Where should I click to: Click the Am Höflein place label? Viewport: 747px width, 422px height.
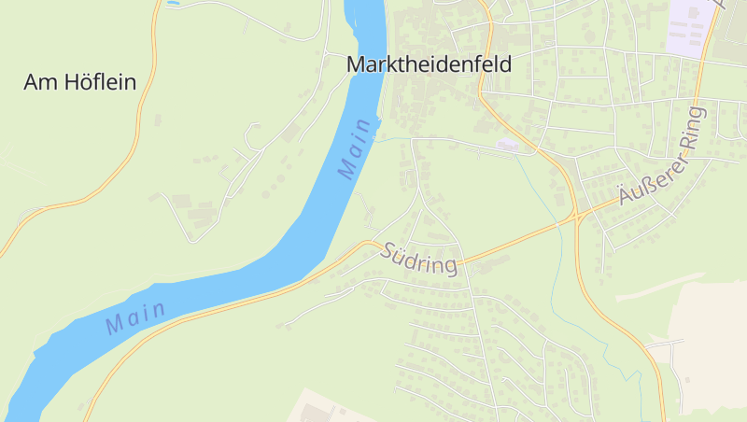point(79,82)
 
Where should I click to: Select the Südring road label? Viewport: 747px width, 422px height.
point(420,259)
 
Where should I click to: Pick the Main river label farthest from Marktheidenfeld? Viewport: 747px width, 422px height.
point(135,317)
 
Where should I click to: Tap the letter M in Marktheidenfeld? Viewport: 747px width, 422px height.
point(356,64)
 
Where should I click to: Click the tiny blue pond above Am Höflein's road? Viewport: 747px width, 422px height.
point(172,4)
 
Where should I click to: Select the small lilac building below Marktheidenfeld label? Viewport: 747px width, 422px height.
point(507,145)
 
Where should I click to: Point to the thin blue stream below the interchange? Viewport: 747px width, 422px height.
point(560,280)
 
